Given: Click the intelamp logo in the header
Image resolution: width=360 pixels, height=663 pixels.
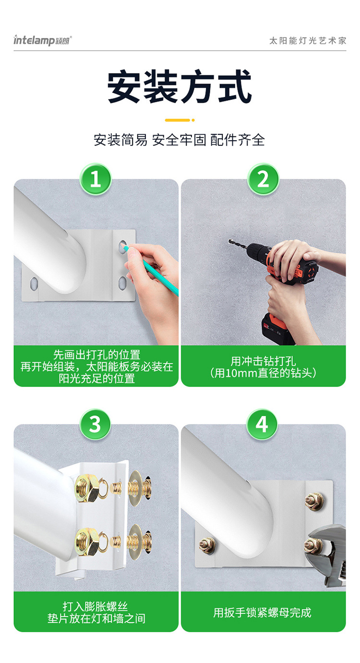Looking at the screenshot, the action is click(42, 40).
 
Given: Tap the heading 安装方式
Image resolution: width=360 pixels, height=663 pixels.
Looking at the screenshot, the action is click(180, 86).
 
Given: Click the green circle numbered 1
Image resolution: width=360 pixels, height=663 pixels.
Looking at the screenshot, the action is click(95, 179).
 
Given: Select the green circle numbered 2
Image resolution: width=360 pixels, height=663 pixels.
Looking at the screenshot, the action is click(263, 179).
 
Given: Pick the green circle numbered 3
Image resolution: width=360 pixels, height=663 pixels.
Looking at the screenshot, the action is click(95, 424).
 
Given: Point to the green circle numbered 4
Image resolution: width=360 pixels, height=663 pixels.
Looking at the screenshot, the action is click(262, 424).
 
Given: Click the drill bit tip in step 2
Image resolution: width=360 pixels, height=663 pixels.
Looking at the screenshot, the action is click(229, 241).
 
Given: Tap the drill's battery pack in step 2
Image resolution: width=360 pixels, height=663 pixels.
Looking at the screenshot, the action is click(276, 328).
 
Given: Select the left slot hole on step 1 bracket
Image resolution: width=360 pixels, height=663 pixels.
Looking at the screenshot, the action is click(34, 284).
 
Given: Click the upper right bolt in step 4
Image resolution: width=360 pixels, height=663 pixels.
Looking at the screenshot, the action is click(314, 501).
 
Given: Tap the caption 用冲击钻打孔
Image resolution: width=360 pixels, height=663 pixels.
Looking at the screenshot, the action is click(263, 361).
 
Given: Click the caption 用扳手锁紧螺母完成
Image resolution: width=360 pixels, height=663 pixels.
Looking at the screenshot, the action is click(263, 613).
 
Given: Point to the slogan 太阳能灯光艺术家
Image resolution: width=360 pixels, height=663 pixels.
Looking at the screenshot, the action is click(308, 40).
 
